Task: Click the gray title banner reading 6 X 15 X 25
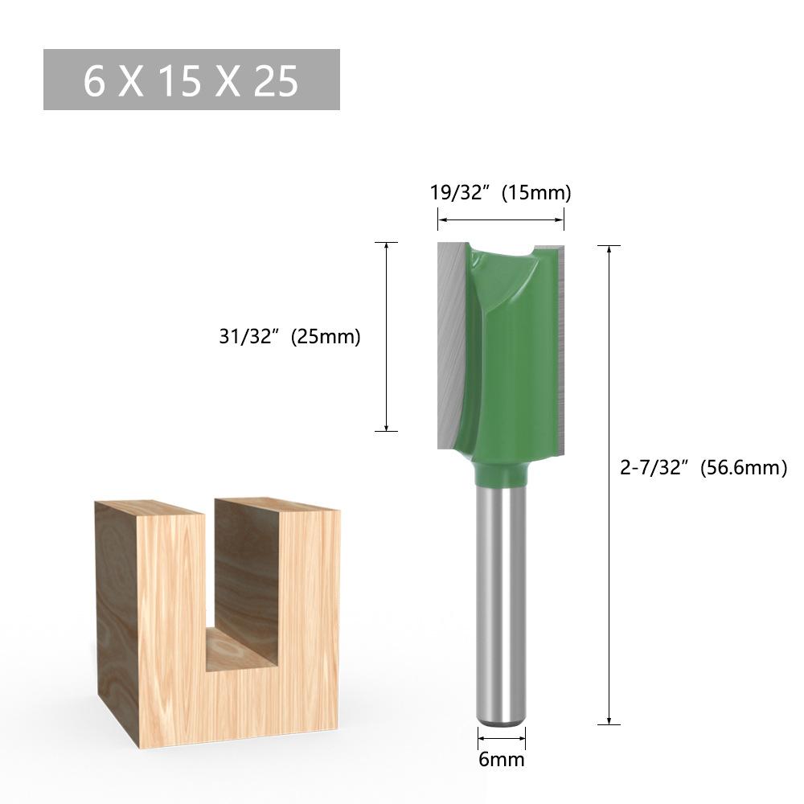pyautogui.click(x=191, y=80)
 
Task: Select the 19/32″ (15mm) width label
pyautogui.click(x=500, y=193)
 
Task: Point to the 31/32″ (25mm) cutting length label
pyautogui.click(x=289, y=336)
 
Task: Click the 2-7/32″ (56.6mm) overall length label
pyautogui.click(x=703, y=468)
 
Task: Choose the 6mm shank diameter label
pyautogui.click(x=502, y=760)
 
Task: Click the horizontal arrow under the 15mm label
pyautogui.click(x=501, y=220)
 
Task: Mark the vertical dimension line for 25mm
pyautogui.click(x=387, y=336)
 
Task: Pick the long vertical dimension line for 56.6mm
pyautogui.click(x=609, y=485)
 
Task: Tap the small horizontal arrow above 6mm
pyautogui.click(x=502, y=738)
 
